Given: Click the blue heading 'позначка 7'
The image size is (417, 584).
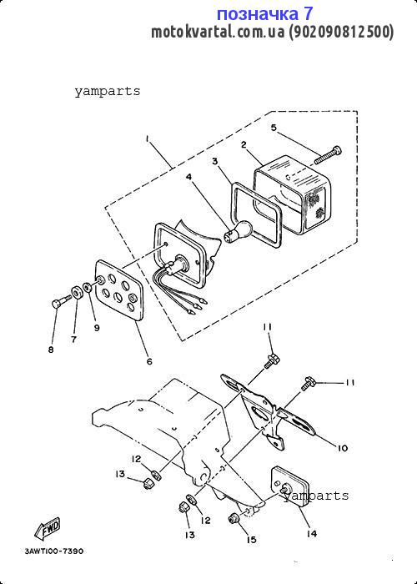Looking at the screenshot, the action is [x=264, y=14].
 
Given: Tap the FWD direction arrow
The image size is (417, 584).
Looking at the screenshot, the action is [x=48, y=529].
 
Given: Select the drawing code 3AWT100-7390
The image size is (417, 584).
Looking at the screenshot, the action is [x=54, y=551].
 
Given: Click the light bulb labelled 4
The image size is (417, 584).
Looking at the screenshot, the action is [x=238, y=230].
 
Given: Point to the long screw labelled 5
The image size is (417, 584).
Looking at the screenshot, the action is [x=328, y=155].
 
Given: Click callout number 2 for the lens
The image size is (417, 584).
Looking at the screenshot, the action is [x=244, y=144].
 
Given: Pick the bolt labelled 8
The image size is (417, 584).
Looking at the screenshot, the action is [x=62, y=301].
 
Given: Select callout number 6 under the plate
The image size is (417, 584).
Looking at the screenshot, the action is [x=149, y=361].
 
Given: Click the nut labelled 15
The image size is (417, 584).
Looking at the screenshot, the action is [x=234, y=518].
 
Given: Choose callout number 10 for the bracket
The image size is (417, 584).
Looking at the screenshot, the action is [x=342, y=448].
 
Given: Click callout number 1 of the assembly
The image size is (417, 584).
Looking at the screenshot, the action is [x=148, y=139].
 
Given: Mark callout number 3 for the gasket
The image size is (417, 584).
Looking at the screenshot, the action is [x=215, y=161].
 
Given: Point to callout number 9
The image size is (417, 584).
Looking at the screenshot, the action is [x=97, y=328].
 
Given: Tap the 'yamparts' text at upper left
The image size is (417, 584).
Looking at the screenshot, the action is [x=108, y=91].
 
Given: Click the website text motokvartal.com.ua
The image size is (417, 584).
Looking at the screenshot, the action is [x=218, y=33].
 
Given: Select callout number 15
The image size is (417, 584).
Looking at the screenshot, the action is [x=252, y=539].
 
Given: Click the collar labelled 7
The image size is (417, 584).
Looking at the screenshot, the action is [x=78, y=294].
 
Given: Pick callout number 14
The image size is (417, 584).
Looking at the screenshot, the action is [x=312, y=534].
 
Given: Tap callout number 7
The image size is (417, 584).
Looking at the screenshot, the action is [x=74, y=340].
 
